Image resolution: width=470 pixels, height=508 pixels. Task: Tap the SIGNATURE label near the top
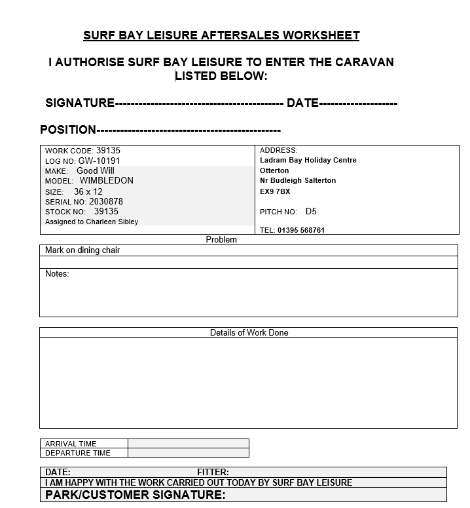(x=80, y=103)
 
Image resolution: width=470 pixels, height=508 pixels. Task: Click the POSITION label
(x=68, y=130)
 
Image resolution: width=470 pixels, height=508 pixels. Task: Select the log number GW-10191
(x=99, y=161)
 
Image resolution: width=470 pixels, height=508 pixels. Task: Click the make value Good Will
(x=96, y=170)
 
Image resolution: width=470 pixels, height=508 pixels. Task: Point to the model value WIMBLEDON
(x=106, y=180)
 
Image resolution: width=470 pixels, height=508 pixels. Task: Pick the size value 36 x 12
(x=88, y=191)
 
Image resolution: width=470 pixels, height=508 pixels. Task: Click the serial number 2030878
(x=106, y=201)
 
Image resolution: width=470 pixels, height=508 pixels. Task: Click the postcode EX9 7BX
(x=275, y=191)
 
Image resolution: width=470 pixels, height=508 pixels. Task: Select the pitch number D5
(x=311, y=212)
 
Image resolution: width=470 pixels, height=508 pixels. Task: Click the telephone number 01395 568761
(x=301, y=230)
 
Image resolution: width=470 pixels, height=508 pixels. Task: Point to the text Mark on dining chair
(x=82, y=250)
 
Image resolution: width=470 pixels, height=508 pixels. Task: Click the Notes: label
(x=57, y=274)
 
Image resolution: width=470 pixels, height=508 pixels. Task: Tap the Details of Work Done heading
(x=249, y=332)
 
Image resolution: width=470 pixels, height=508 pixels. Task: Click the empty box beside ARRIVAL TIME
(x=189, y=444)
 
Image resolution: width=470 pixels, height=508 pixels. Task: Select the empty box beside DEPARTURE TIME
(x=189, y=453)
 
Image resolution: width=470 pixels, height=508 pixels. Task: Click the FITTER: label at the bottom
(x=213, y=472)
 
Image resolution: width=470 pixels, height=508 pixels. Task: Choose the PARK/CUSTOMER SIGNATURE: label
(x=136, y=495)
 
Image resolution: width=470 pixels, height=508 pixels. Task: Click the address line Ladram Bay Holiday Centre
(x=308, y=161)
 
